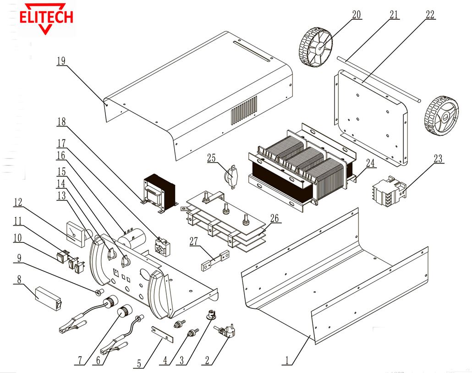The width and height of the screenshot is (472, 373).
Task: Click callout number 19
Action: point(61,61)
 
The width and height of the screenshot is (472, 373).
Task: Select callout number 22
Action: point(429,15)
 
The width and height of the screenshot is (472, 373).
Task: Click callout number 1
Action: point(287,361)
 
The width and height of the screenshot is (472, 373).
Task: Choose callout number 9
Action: point(19,258)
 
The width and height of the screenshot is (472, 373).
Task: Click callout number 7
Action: point(80,361)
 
